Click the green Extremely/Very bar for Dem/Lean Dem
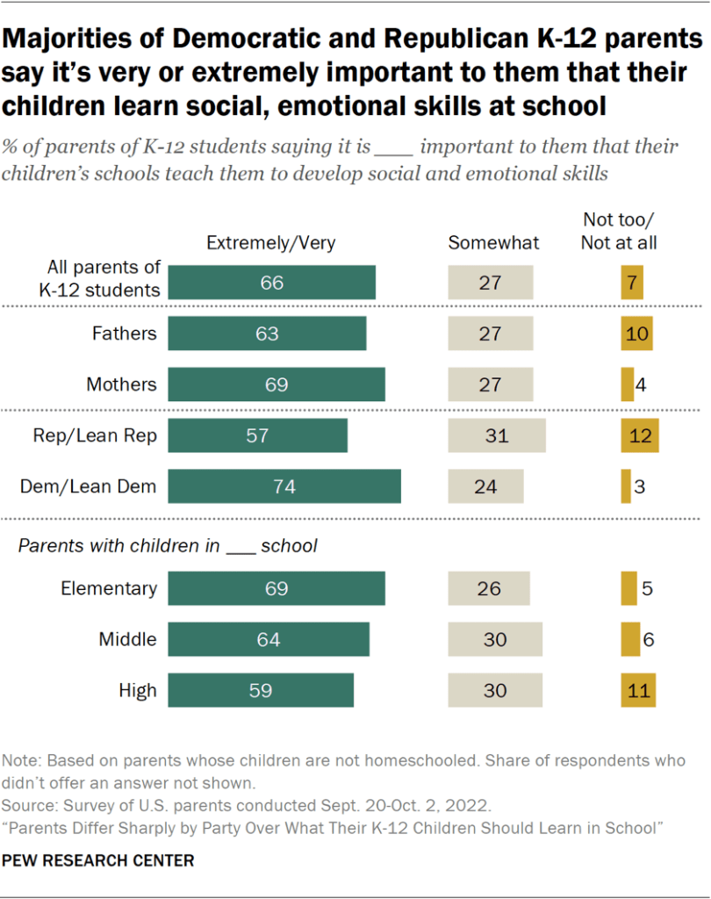pos(284,486)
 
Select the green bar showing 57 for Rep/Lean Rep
pos(257,435)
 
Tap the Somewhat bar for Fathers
pos(490,334)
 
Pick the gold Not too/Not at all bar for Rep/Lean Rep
pos(638,435)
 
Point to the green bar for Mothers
pos(276,385)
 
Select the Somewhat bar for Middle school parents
pos(495,639)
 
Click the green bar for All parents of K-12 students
pos(271,283)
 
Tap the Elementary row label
pos(109,588)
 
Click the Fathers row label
pos(124,334)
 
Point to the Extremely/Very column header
pos(270,243)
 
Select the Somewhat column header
pos(493,243)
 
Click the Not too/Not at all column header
pos(619,233)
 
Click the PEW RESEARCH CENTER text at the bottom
pos(98,861)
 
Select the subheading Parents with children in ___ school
pos(168,545)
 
